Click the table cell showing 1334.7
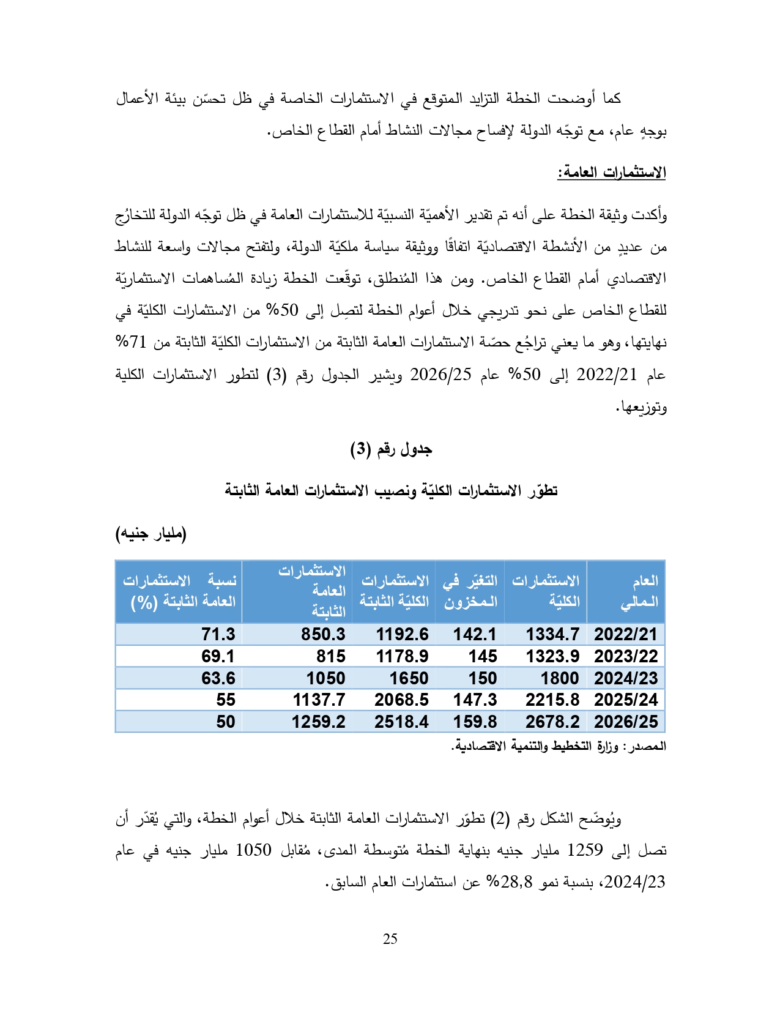(552, 634)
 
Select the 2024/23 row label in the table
(625, 678)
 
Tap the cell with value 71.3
(218, 634)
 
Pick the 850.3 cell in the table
(323, 634)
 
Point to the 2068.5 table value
(401, 700)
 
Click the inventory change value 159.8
(475, 722)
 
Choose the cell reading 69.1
(218, 656)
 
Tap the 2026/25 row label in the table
(625, 722)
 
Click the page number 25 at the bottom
(390, 939)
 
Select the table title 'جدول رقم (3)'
(391, 450)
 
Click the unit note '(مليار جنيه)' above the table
(151, 534)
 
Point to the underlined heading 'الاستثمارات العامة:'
(611, 173)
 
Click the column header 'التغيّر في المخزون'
(470, 591)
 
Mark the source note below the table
(559, 746)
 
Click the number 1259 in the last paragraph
(585, 850)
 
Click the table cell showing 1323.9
(552, 656)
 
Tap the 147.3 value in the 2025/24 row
(475, 700)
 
